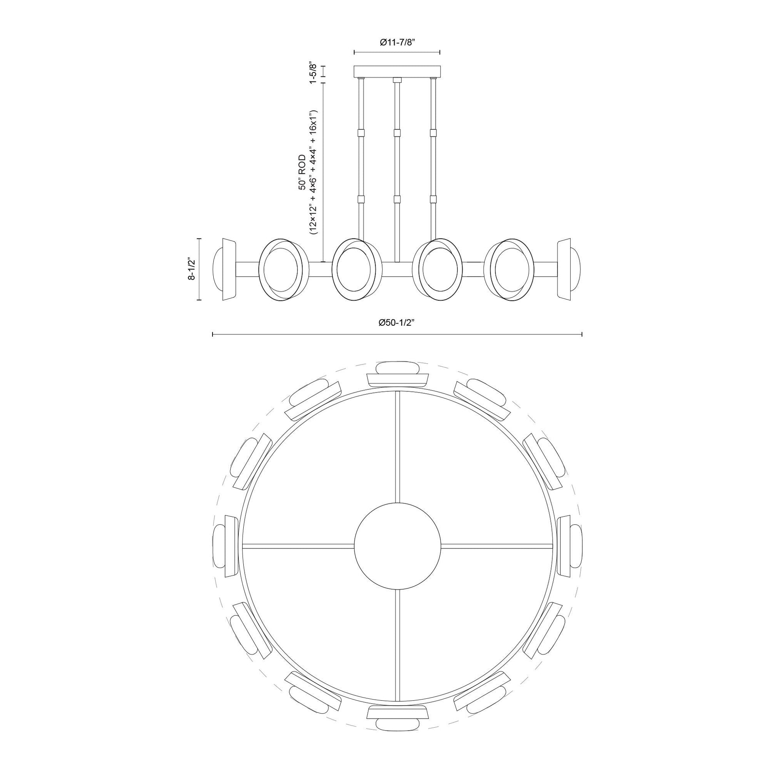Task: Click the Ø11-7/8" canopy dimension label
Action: click(x=397, y=43)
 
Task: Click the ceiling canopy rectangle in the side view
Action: click(x=397, y=71)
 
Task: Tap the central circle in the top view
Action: click(x=397, y=546)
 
